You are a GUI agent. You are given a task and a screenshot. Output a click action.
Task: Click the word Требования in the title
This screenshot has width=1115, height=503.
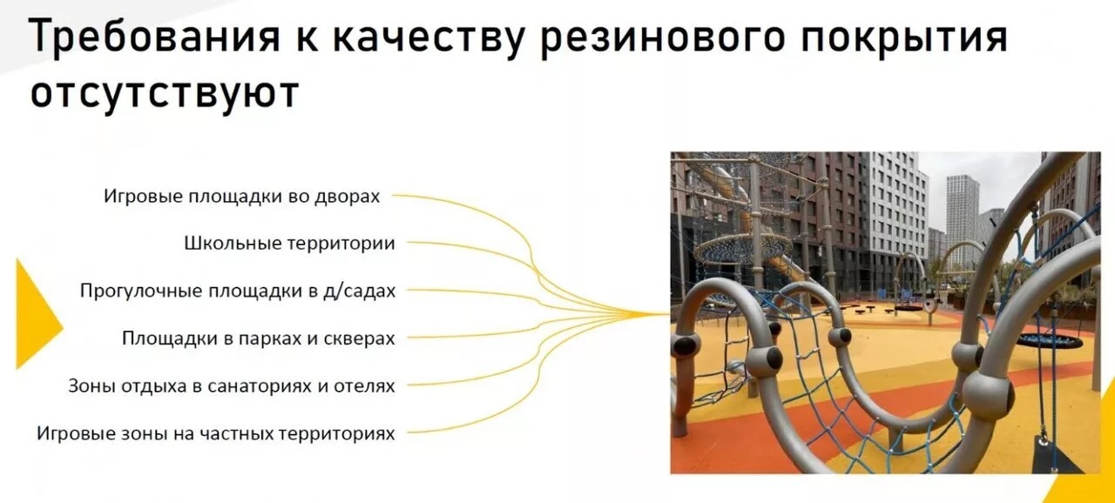[155, 37]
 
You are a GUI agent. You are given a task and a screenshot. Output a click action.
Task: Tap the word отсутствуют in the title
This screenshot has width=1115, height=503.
[165, 92]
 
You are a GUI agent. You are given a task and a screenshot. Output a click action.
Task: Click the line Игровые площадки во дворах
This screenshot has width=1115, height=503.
[241, 197]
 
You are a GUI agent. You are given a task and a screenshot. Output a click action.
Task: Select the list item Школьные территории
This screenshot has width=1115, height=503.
[290, 244]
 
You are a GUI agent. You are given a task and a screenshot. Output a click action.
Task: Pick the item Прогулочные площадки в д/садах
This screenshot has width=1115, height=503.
[238, 291]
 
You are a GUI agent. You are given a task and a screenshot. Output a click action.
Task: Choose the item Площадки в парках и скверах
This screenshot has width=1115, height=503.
[259, 339]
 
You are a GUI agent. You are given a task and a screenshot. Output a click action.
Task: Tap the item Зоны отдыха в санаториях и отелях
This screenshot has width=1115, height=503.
[232, 386]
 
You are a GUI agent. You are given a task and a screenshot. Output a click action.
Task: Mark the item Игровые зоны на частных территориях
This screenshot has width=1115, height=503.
[215, 433]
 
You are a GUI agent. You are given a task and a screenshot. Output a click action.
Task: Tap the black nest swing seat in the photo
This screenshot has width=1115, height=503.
[1050, 341]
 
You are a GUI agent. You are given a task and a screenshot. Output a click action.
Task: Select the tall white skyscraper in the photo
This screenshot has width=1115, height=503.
[963, 218]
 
